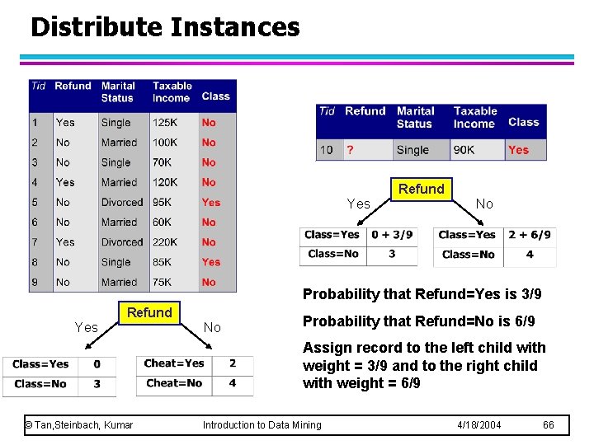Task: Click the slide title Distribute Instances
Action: point(165,27)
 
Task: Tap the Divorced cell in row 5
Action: point(122,203)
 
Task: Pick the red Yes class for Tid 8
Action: point(211,262)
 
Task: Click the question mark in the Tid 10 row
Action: point(351,150)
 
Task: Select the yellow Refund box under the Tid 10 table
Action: point(421,189)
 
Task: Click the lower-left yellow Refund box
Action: point(149,312)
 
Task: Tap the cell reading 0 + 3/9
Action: point(392,235)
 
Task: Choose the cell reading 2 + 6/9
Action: point(529,235)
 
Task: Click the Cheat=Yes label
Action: point(174,363)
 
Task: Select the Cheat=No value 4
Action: point(232,383)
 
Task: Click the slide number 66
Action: point(549,424)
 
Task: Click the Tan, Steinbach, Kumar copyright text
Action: point(79,424)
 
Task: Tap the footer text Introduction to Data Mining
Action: point(262,424)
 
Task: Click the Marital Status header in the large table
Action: point(118,91)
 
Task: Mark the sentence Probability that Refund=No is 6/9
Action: point(418,321)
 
